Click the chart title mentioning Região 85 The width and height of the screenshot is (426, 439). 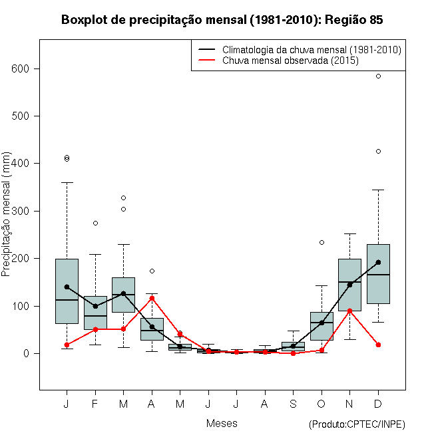(222, 20)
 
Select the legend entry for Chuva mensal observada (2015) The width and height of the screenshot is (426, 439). (290, 61)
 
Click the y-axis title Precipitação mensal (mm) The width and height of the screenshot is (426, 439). (7, 221)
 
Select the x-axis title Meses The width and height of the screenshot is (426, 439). (222, 423)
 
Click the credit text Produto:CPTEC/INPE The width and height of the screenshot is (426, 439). (357, 424)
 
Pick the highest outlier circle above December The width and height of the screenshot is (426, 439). (378, 76)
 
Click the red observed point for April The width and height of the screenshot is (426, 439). (152, 298)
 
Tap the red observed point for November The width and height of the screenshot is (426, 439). (349, 311)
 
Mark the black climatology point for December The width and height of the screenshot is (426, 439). (378, 262)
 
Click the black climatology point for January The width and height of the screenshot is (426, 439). (67, 287)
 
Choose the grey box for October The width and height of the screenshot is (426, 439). (321, 326)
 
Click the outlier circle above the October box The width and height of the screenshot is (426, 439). (321, 242)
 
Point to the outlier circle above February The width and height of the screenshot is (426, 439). (95, 223)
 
